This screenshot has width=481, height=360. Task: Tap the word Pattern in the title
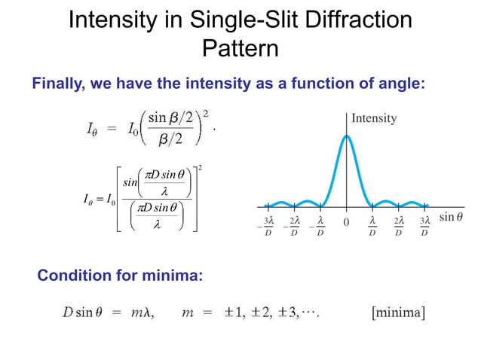(240, 49)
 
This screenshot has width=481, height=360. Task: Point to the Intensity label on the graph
(374, 118)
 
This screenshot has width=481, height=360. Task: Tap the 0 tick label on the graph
(346, 224)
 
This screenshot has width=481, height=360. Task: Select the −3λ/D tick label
(266, 226)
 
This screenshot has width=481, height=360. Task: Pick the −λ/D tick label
(319, 226)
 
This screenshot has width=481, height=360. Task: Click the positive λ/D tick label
(372, 226)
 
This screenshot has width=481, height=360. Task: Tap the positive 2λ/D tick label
(398, 226)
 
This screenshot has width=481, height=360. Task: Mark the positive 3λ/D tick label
(424, 226)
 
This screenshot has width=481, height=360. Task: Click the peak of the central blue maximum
(346, 136)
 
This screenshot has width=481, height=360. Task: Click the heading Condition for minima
(120, 276)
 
